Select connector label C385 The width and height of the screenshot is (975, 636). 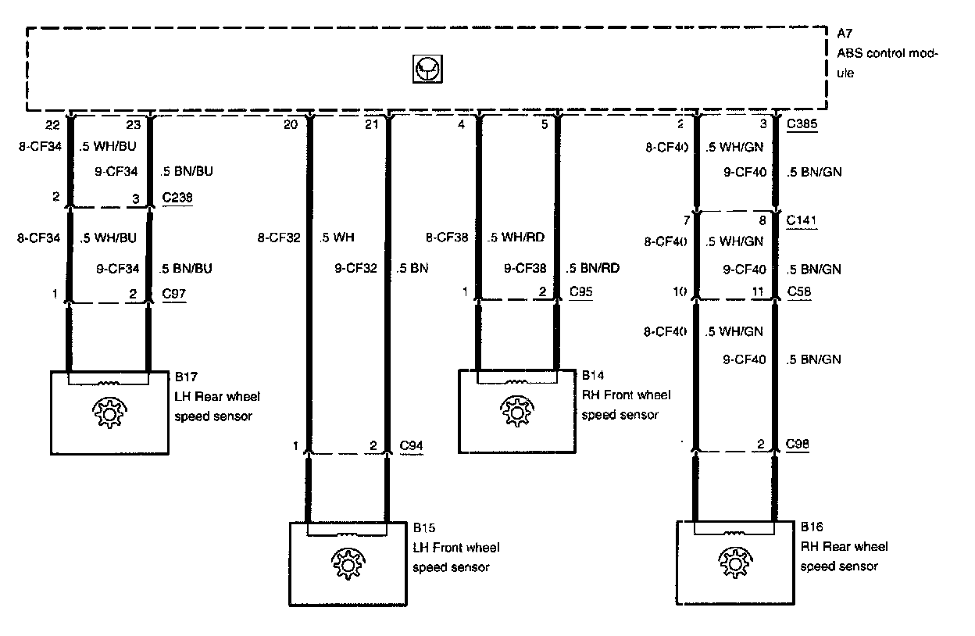click(802, 123)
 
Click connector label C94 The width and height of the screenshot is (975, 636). click(412, 445)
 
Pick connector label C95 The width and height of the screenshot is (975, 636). click(581, 291)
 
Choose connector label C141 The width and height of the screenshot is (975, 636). click(802, 221)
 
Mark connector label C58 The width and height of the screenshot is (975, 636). click(798, 291)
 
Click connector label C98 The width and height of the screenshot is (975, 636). click(798, 445)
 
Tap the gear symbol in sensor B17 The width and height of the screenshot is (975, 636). click(109, 412)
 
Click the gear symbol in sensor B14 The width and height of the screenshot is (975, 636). click(516, 411)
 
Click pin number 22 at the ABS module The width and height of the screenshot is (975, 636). click(53, 123)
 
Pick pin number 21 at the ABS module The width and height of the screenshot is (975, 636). click(372, 123)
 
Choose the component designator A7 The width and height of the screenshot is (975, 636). click(845, 34)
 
